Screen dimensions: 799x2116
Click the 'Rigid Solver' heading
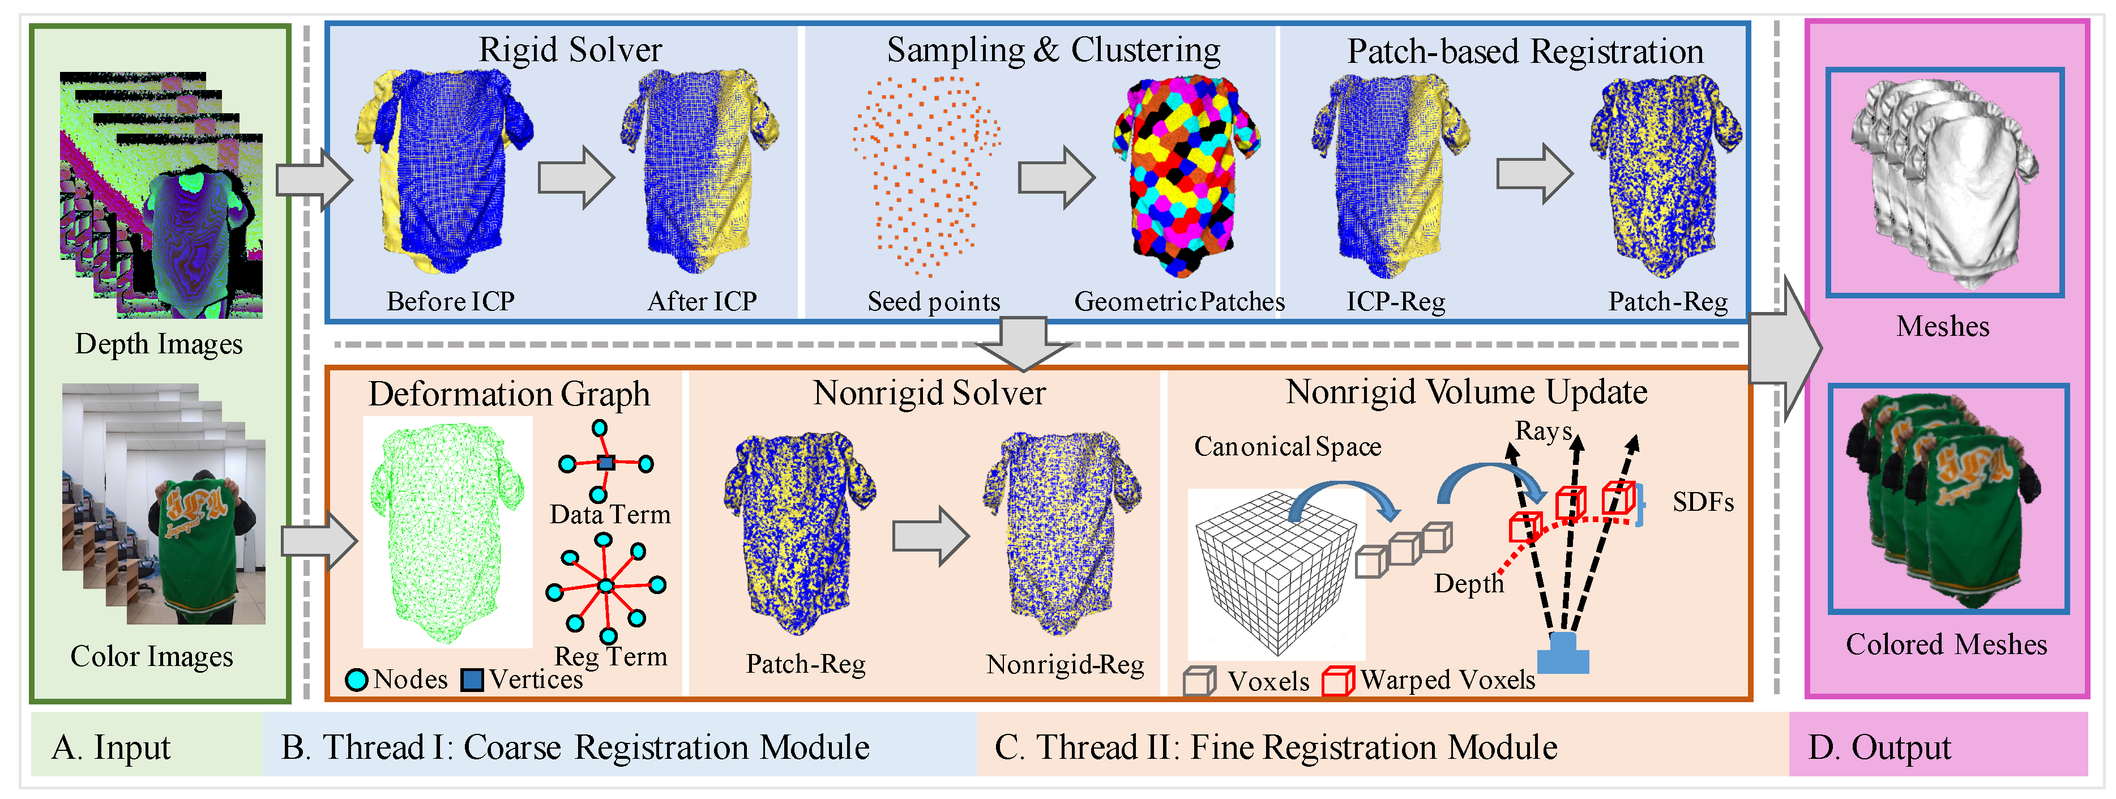point(570,50)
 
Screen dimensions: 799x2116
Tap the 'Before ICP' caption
point(450,301)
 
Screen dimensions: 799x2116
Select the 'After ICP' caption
point(702,301)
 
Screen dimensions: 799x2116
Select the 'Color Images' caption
point(151,656)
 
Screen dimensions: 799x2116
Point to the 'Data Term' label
point(609,515)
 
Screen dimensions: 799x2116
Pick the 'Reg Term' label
point(610,656)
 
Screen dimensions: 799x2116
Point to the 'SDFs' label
point(1703,502)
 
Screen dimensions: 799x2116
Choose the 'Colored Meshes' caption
point(1946,644)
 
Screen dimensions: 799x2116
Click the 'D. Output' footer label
point(1879,748)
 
